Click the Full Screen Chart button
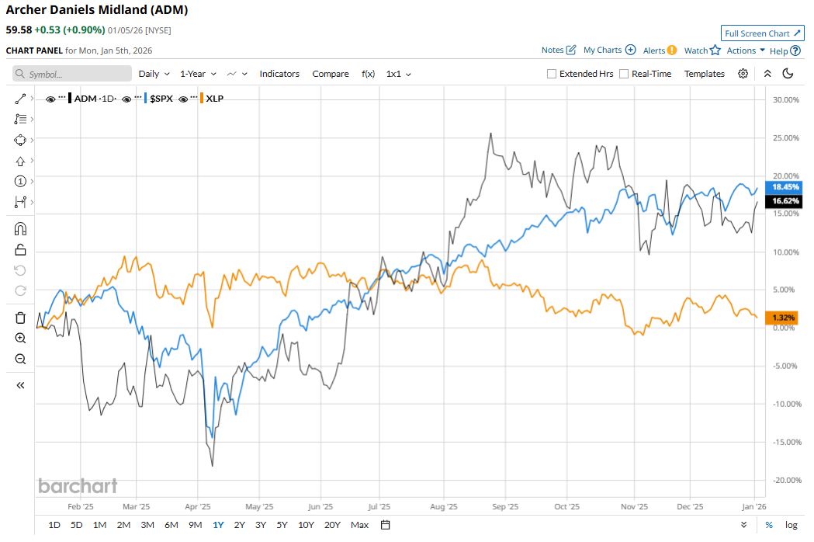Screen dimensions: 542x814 762,33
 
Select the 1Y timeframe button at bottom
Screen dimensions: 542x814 218,525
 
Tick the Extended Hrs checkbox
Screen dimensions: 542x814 552,74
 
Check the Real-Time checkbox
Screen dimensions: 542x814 624,74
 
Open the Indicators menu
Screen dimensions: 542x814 279,74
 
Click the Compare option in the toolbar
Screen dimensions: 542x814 331,74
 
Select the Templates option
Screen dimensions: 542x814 704,74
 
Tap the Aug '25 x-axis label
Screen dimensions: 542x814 443,506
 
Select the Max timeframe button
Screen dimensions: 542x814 359,525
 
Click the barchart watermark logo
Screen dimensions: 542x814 78,486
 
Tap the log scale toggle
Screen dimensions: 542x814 791,525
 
